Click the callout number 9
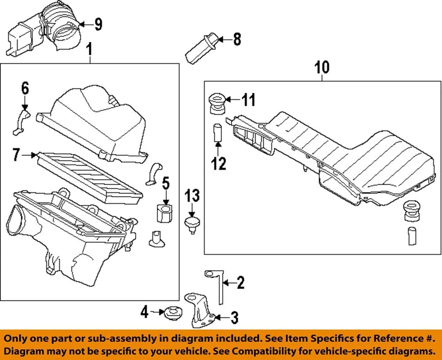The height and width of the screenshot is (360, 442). pos(98,24)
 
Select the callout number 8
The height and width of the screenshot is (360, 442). pos(237,40)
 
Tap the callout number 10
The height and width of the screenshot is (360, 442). pos(322,67)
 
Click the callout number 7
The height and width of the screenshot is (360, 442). pos(17,156)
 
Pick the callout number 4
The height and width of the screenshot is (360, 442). pos(144,313)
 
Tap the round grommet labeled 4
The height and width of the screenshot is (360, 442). pos(173,312)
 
